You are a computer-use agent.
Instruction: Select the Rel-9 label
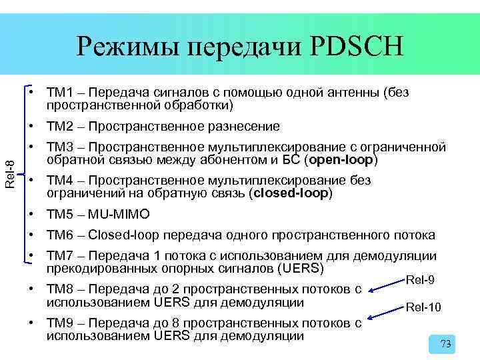(x=420, y=280)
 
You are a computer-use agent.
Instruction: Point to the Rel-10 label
(x=423, y=307)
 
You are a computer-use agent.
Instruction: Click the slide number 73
(x=446, y=344)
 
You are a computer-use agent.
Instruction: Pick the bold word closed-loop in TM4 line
(x=290, y=193)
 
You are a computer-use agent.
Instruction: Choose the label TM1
(x=58, y=91)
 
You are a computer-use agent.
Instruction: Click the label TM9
(x=58, y=323)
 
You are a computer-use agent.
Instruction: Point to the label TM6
(x=58, y=235)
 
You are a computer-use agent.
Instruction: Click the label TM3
(x=58, y=147)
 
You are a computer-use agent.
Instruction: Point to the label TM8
(x=58, y=289)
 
